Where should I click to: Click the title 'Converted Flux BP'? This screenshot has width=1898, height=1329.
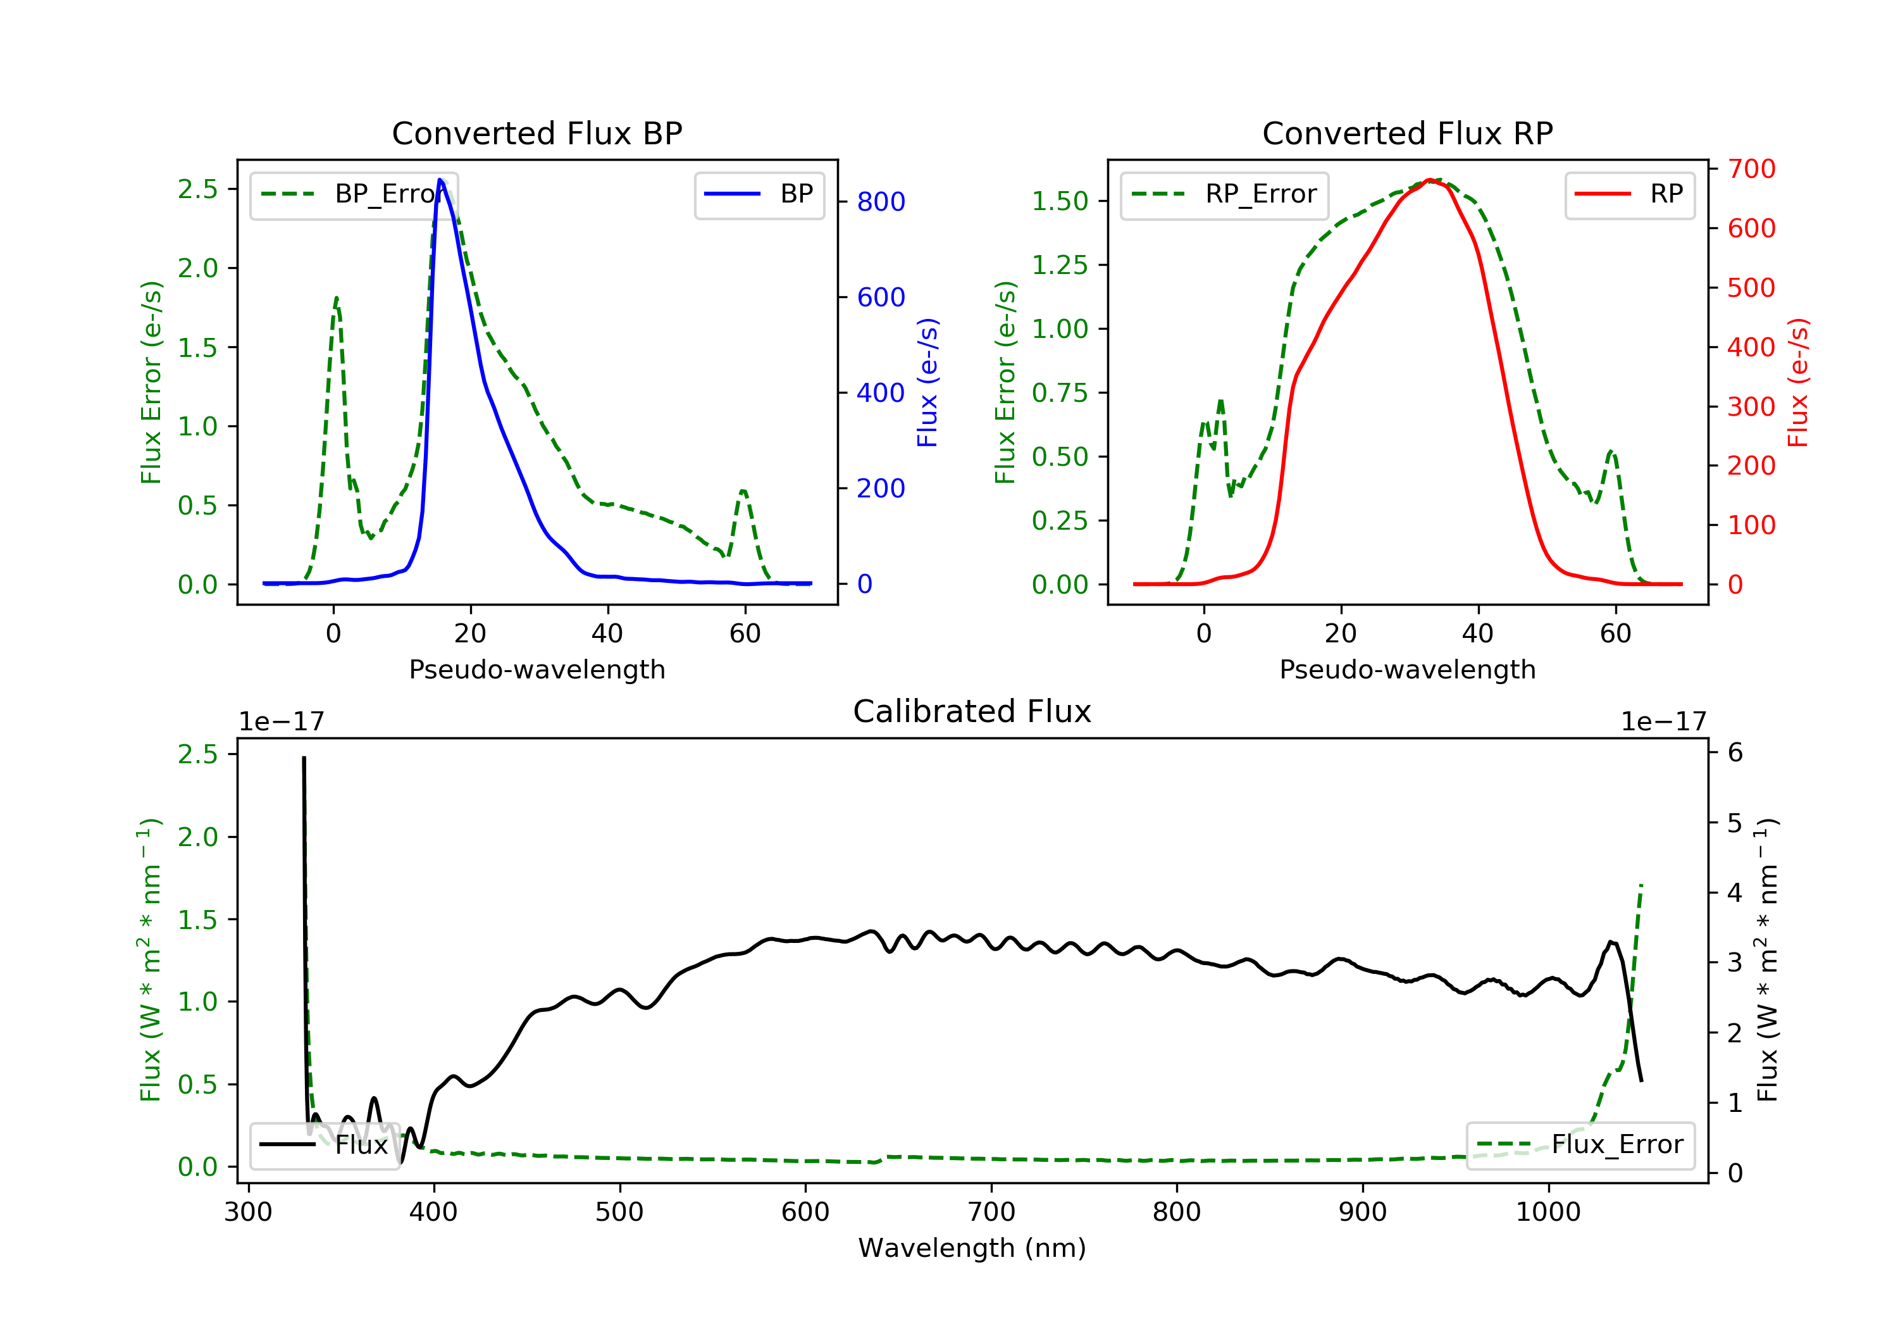coord(537,133)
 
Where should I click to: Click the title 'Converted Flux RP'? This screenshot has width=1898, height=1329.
coord(1407,133)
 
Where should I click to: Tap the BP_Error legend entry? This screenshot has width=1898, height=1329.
coord(354,194)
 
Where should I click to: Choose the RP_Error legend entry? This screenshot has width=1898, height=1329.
coord(1224,194)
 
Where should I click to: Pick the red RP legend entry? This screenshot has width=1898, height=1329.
coord(1629,194)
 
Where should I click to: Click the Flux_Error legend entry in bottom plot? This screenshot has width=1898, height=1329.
coord(1580,1145)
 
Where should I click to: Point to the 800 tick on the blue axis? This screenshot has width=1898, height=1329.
coord(881,202)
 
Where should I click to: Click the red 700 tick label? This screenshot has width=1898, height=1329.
coord(1751,169)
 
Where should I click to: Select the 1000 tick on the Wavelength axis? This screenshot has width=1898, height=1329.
coord(1548,1213)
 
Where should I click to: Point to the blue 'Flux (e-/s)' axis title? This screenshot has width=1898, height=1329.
coord(927,383)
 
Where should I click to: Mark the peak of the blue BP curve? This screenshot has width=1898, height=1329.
coord(440,180)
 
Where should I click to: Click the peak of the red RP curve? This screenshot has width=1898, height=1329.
coord(1429,180)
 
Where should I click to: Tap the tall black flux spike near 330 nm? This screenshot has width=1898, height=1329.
coord(304,759)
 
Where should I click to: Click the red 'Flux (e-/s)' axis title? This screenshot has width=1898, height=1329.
coord(1798,383)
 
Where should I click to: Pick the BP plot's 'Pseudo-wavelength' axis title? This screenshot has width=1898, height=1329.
coord(537,669)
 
